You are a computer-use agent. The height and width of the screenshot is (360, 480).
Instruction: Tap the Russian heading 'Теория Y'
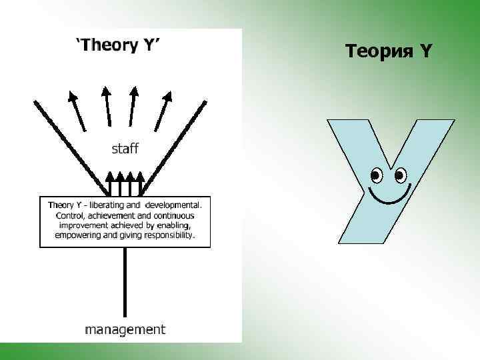tap(389, 50)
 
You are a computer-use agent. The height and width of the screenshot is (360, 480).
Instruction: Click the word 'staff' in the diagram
tap(125, 148)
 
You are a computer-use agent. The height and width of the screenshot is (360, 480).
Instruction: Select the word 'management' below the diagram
tap(125, 329)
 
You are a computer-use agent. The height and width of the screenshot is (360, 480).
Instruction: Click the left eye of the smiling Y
tap(376, 175)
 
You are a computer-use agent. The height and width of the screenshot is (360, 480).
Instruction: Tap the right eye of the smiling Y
tap(400, 175)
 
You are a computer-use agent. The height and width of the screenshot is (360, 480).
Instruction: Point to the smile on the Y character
tap(389, 196)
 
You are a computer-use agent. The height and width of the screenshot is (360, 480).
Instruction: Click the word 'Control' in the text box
tap(65, 216)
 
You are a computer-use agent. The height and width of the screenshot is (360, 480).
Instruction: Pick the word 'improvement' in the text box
tap(79, 225)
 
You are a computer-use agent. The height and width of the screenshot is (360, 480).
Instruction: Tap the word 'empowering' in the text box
tap(79, 235)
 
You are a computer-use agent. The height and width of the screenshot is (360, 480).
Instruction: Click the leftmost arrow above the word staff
tap(77, 109)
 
